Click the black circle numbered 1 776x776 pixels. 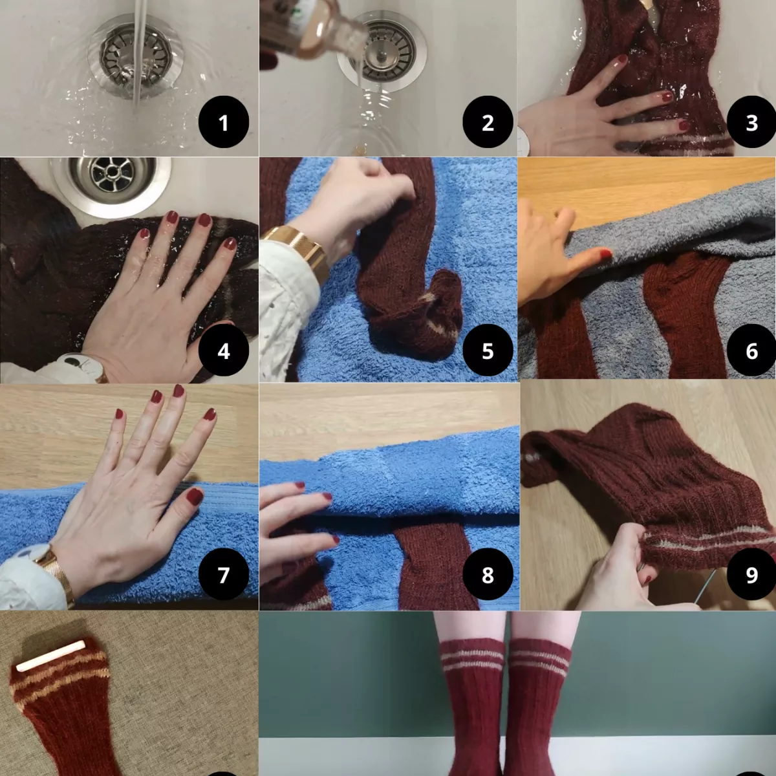point(224,122)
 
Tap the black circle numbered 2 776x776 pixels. point(488,122)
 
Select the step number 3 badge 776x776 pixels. point(751,122)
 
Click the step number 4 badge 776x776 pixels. point(224,351)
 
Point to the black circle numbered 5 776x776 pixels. point(488,351)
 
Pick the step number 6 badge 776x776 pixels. point(751,351)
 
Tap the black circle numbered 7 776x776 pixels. point(224,574)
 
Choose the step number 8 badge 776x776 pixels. point(488,574)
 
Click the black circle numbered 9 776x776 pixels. point(751,574)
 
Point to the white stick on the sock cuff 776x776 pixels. point(50,655)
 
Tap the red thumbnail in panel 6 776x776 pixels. point(605,254)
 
